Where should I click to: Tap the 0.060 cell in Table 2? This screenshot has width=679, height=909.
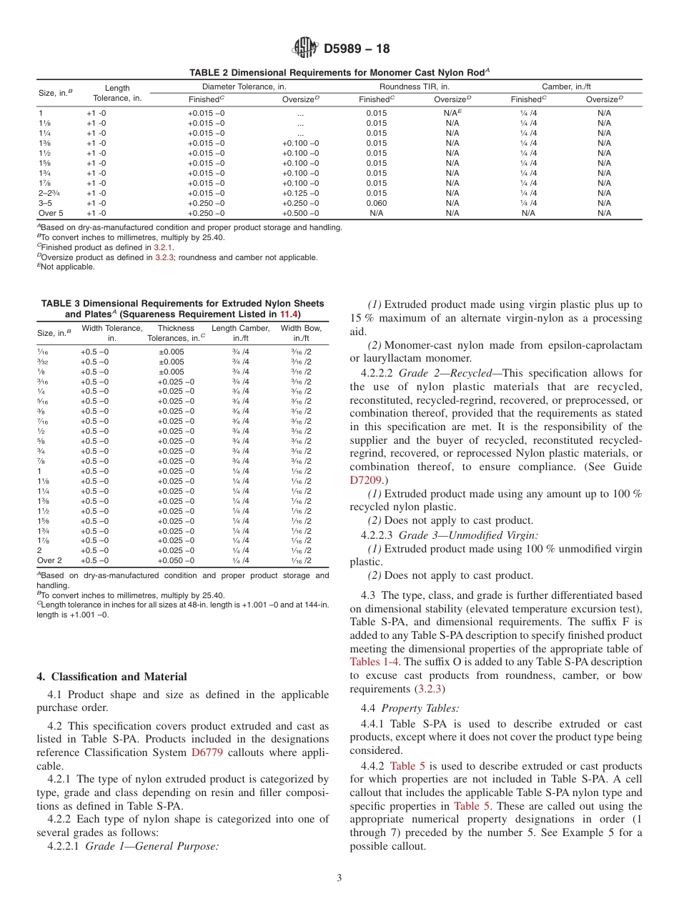[x=376, y=203]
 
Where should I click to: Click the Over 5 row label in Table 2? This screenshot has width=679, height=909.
[x=51, y=213]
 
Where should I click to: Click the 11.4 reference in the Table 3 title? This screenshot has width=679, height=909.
[x=288, y=314]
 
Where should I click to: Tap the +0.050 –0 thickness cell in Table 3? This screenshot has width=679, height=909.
[x=175, y=560]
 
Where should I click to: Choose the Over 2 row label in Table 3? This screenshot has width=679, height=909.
[x=49, y=560]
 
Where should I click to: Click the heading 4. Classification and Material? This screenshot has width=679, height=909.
[x=111, y=677]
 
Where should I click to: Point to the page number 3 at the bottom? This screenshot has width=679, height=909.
[x=339, y=878]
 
